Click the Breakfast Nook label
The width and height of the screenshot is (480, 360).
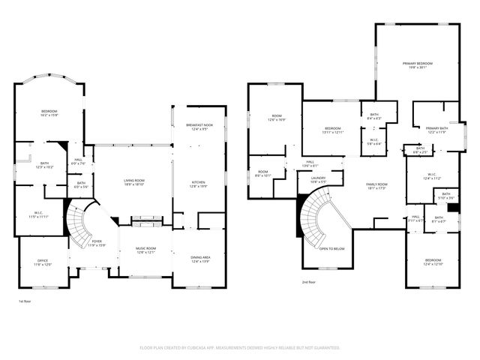click(x=199, y=127)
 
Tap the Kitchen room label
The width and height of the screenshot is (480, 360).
click(x=199, y=184)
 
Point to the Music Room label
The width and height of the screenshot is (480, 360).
click(x=145, y=250)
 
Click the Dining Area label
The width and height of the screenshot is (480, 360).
click(x=200, y=259)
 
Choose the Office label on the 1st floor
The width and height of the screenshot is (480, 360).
click(x=43, y=262)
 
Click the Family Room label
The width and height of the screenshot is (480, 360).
click(x=376, y=186)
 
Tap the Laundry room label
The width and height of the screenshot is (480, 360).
click(x=318, y=178)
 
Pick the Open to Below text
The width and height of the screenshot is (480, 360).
click(x=331, y=248)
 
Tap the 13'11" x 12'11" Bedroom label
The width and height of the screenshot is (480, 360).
click(x=332, y=130)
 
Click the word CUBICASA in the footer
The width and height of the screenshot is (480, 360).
click(x=214, y=348)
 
